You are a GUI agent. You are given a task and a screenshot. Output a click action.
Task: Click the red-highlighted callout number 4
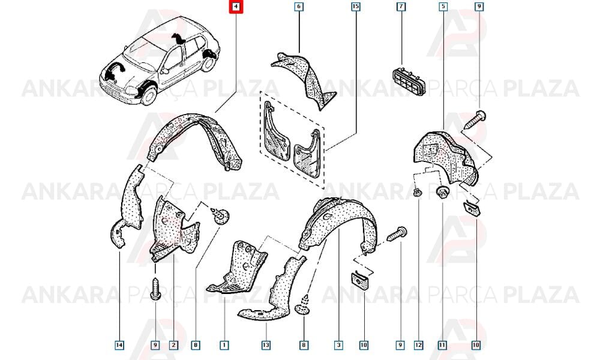coord(236,7)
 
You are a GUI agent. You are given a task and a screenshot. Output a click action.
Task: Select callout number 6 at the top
coord(298,7)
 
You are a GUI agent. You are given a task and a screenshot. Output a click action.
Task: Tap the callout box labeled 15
coord(355,7)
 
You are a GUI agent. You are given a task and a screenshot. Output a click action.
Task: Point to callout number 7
coord(401,7)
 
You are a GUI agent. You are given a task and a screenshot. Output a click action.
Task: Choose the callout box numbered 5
coord(443,7)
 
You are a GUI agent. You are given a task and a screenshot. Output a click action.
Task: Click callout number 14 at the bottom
coord(119,346)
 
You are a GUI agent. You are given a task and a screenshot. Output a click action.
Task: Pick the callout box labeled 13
coord(266,346)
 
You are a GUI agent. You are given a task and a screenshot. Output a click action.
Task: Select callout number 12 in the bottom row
coord(418,346)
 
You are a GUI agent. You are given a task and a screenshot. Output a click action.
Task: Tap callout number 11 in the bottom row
coord(442,346)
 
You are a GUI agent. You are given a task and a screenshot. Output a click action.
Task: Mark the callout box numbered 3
coord(338,346)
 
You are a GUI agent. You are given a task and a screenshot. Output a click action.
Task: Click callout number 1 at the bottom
coord(224,346)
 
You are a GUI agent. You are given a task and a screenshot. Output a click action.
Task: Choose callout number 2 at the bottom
coord(173,346)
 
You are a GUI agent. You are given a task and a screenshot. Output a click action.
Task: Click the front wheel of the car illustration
coord(149,94)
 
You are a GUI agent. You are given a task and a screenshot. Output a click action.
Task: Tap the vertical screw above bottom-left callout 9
coord(155,289)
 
